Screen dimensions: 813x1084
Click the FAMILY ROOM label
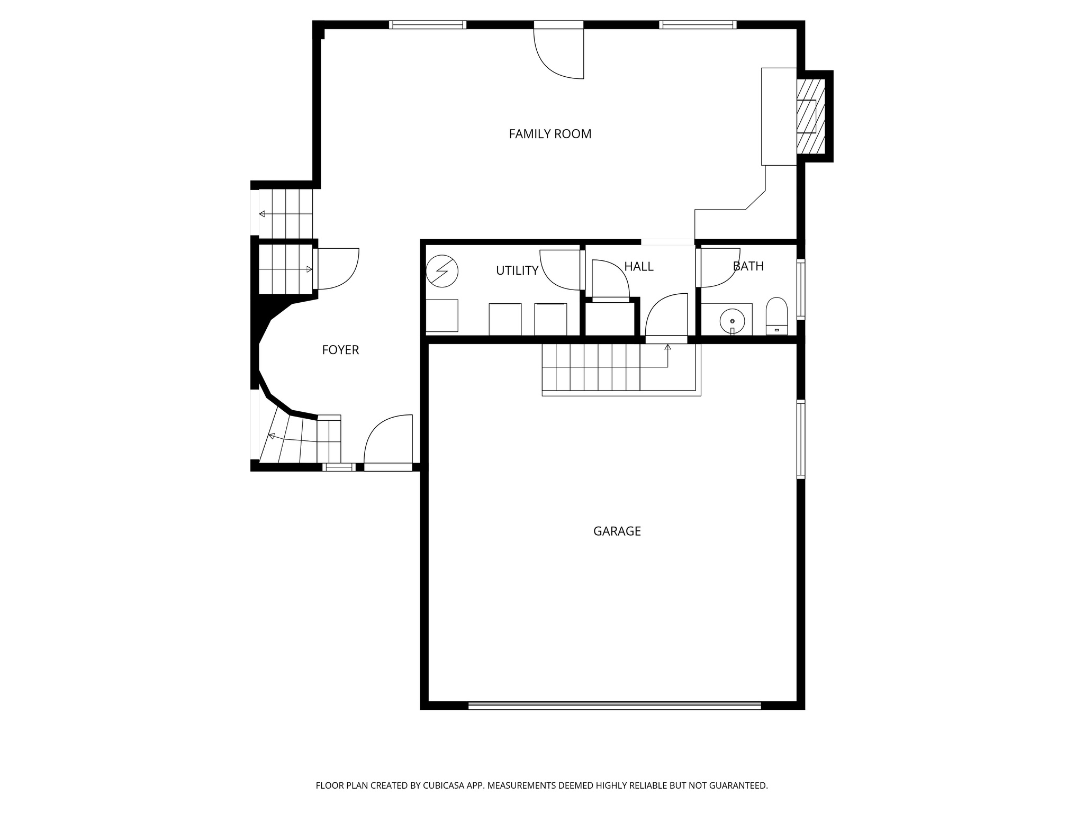[550, 134]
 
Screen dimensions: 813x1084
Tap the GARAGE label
[617, 531]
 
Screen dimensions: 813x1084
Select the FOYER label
[340, 350]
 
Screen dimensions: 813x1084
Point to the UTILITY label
[517, 270]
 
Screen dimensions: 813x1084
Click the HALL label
[638, 266]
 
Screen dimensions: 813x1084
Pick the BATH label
[748, 266]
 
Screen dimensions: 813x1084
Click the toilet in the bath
[776, 317]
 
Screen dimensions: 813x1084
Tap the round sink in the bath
[732, 321]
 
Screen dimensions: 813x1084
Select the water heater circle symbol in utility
[442, 271]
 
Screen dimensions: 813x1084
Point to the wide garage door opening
[615, 705]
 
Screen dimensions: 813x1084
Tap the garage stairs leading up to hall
[591, 367]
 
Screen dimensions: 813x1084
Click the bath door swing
[719, 267]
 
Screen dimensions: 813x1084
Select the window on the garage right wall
[801, 439]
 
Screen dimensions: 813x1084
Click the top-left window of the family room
[427, 24]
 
